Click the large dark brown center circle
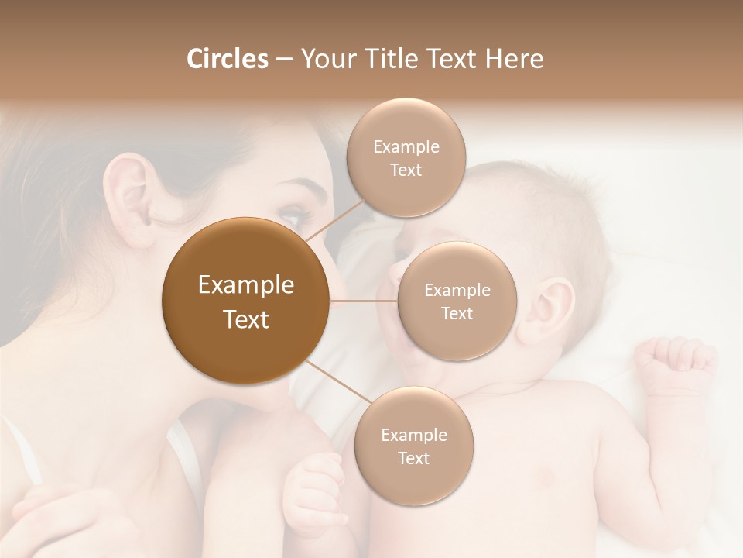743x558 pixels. [245, 301]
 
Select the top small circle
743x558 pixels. [406, 157]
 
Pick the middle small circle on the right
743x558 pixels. [457, 301]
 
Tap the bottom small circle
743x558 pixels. [413, 446]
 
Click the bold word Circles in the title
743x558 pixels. [227, 59]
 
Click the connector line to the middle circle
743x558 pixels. [364, 301]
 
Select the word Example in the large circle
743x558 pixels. [245, 285]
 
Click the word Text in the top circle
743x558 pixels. [406, 170]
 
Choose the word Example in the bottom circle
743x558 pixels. [413, 435]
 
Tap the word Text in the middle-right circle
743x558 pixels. [457, 314]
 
